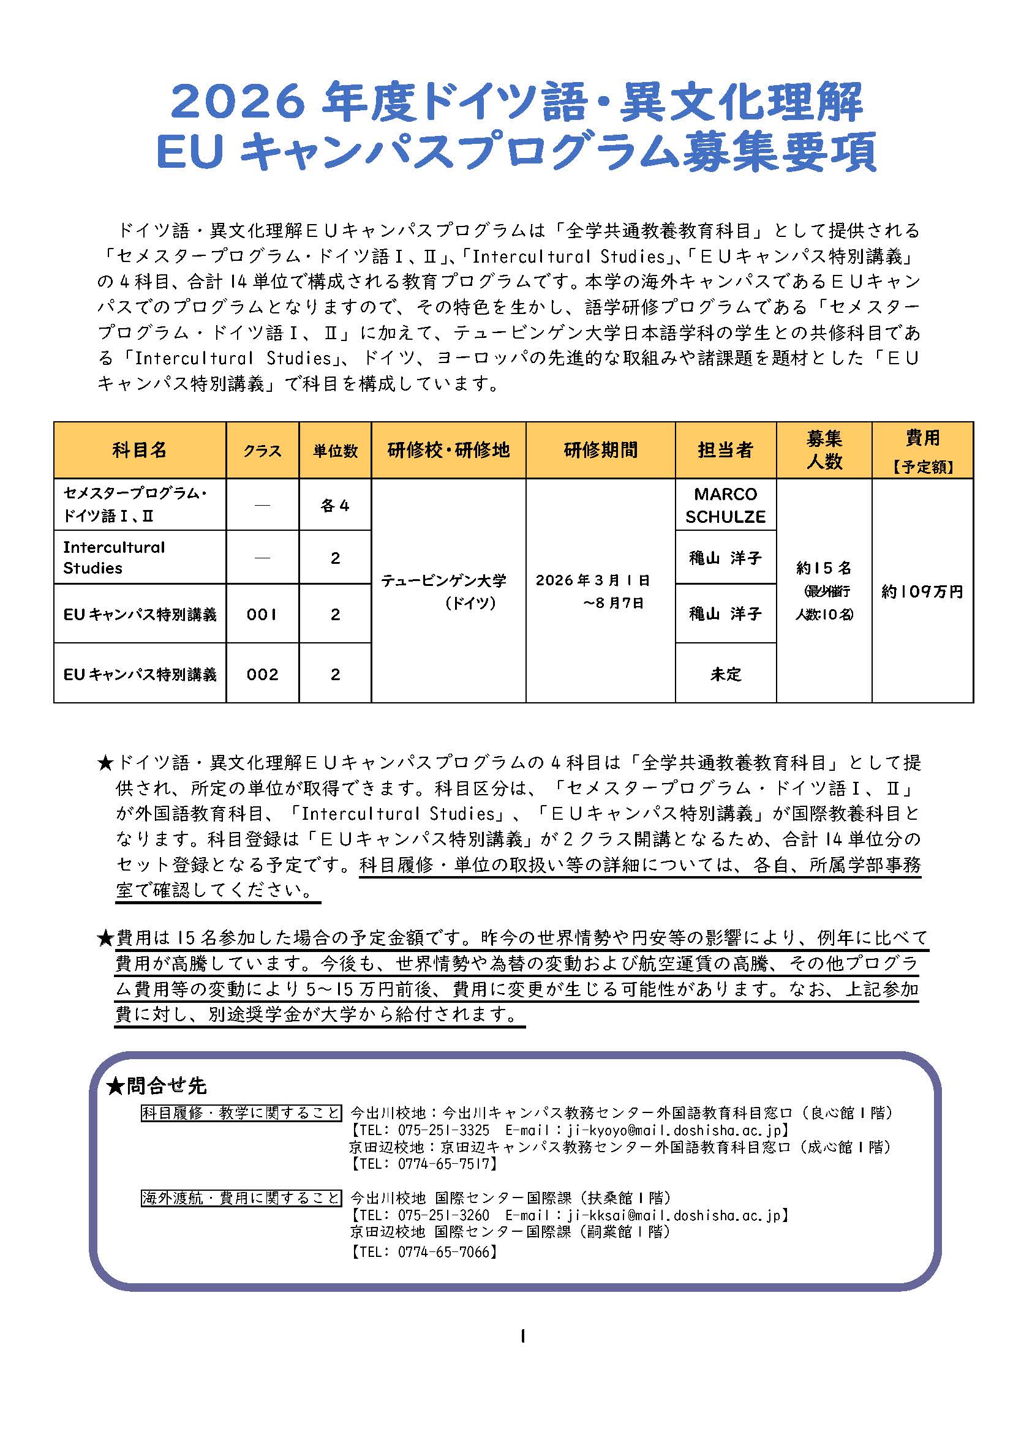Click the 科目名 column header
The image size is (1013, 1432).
pyautogui.click(x=140, y=450)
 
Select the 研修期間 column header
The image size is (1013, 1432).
pyautogui.click(x=600, y=450)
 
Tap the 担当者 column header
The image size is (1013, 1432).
pyautogui.click(x=725, y=450)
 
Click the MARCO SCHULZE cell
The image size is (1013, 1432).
pyautogui.click(x=725, y=505)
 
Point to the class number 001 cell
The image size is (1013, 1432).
pyautogui.click(x=262, y=614)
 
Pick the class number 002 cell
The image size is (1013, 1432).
pyautogui.click(x=262, y=674)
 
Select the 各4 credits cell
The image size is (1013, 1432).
pyautogui.click(x=335, y=505)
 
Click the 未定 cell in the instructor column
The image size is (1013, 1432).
pyautogui.click(x=725, y=674)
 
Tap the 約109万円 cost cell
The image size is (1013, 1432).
pyautogui.click(x=922, y=591)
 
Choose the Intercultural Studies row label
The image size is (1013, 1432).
pyautogui.click(x=113, y=558)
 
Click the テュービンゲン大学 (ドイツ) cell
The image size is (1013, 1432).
pyautogui.click(x=443, y=591)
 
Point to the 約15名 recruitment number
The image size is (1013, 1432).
pyautogui.click(x=823, y=568)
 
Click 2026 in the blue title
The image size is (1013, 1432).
pyautogui.click(x=238, y=102)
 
